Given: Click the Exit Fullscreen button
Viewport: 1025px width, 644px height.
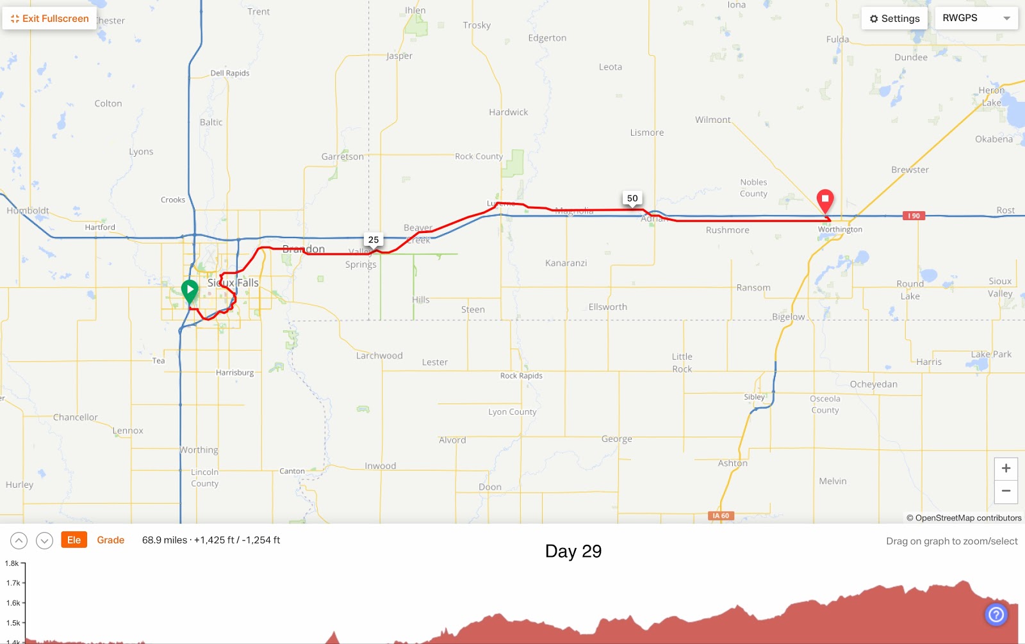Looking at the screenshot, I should click(x=50, y=19).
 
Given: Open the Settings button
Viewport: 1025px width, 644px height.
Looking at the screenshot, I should click(x=894, y=19).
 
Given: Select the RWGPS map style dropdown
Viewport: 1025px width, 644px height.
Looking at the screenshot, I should click(x=976, y=18).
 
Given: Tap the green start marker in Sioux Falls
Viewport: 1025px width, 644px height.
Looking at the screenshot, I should click(x=190, y=291).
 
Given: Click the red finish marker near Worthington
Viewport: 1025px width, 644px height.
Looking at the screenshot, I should click(x=825, y=200).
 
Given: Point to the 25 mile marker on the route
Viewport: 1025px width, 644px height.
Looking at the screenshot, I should click(x=373, y=239).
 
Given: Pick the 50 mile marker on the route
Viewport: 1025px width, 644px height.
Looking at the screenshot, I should click(x=632, y=198).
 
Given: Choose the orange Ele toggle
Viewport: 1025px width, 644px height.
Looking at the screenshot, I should click(x=74, y=540).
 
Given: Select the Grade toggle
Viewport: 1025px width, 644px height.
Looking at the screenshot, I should click(x=110, y=540).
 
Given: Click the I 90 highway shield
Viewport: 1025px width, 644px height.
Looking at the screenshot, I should click(x=914, y=216).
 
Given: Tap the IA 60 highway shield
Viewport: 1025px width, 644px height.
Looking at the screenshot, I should click(x=721, y=515).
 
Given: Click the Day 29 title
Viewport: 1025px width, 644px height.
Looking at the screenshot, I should click(x=573, y=551).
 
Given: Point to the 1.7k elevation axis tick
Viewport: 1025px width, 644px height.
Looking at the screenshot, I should click(x=13, y=583).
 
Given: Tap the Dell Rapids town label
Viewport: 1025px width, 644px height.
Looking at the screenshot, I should click(x=230, y=73).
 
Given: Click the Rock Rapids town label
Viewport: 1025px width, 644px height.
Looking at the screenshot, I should click(x=521, y=376).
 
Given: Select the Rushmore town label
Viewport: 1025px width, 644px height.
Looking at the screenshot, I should click(x=727, y=230).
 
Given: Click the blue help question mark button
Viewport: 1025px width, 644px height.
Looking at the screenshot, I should click(x=996, y=615).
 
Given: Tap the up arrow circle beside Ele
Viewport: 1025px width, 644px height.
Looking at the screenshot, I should click(x=19, y=541).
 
